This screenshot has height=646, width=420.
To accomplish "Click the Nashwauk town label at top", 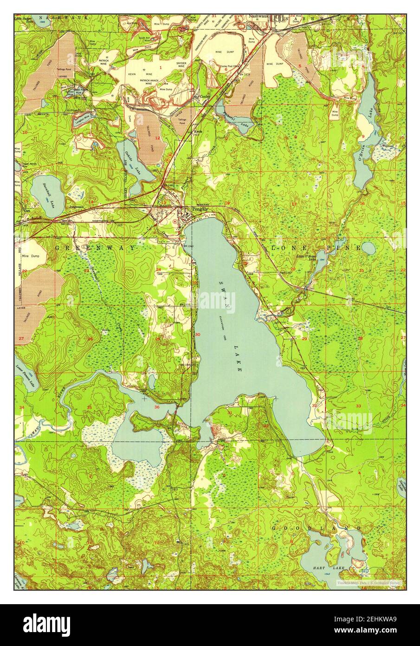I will tap(259, 16).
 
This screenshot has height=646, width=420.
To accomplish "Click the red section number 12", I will tap(158, 138).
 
